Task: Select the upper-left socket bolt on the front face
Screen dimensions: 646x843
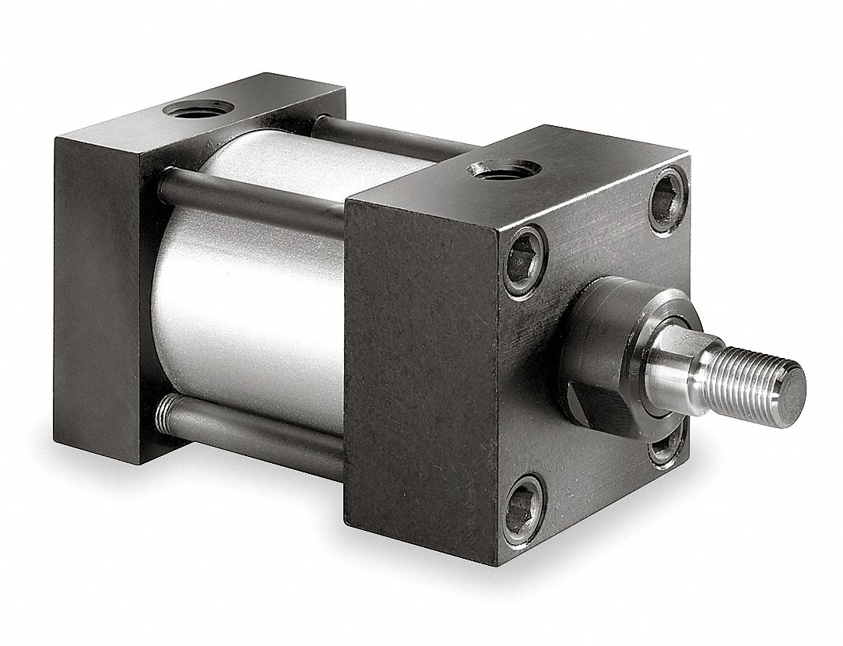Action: tap(525, 261)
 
